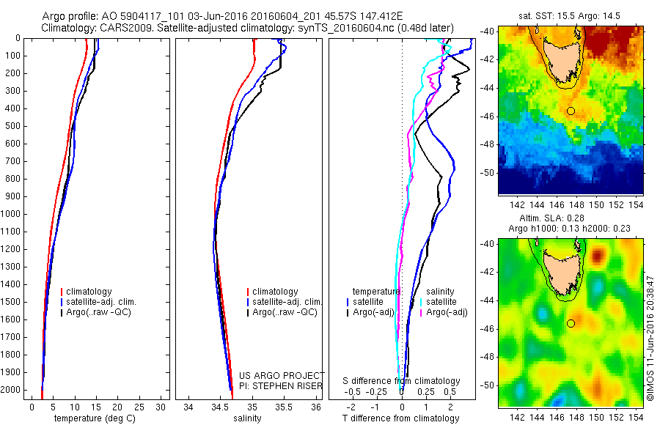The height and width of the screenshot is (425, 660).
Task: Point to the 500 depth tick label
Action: pos(13,126)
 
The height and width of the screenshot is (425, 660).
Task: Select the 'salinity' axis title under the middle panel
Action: pos(246,418)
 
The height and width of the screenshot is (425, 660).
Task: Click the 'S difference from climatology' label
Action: pos(402,381)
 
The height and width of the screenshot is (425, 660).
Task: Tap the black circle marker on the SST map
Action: pos(571,111)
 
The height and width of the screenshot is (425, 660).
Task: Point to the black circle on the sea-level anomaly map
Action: pos(571,323)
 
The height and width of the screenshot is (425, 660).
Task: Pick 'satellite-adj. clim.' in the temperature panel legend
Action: pos(103,302)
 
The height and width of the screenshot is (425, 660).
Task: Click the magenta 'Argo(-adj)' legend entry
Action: pos(447,312)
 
